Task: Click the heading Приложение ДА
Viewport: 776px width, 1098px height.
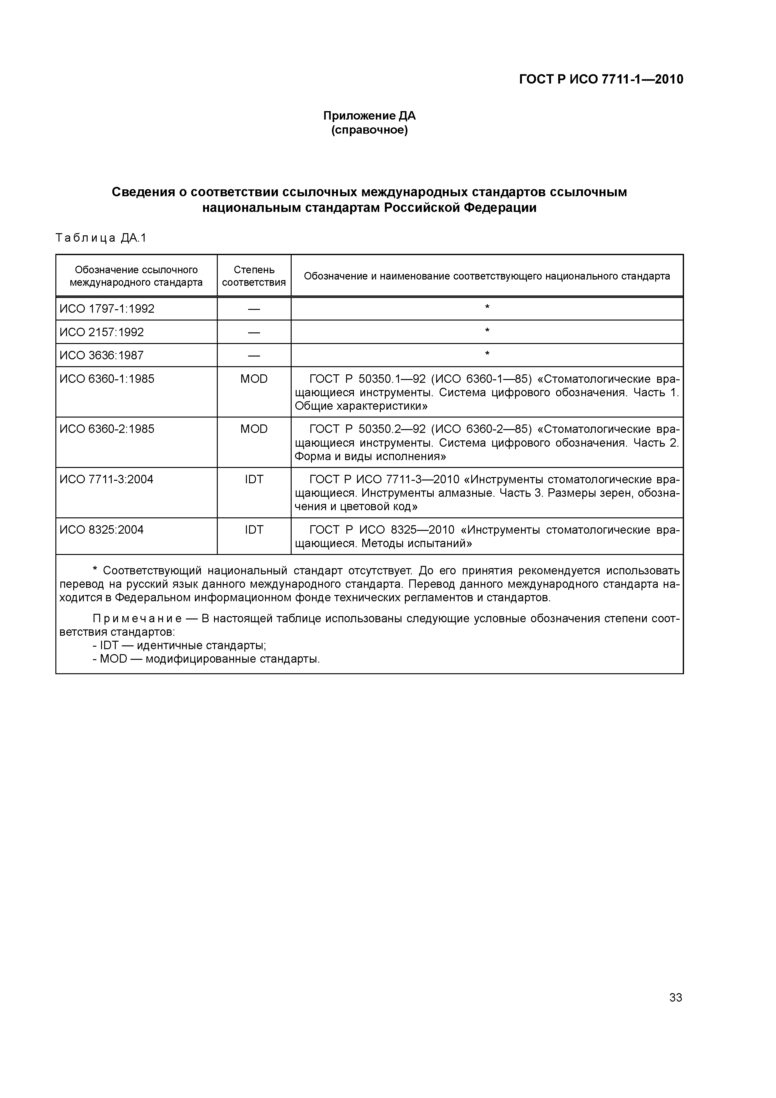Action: coord(369,116)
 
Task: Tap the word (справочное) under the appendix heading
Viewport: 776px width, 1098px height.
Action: coord(369,130)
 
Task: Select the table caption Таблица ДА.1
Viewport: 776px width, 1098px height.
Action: coord(100,238)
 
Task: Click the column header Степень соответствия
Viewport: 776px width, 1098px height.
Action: coord(253,276)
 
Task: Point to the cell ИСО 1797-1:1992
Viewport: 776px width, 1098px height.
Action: coord(107,309)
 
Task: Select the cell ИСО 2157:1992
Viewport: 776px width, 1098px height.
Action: coord(101,332)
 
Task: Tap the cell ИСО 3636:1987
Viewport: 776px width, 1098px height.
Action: coord(101,355)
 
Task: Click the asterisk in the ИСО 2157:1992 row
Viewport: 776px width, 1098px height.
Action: coord(487,331)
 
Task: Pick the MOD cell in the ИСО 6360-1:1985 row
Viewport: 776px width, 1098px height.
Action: coord(253,379)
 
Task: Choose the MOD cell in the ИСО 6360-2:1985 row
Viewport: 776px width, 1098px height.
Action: coord(253,429)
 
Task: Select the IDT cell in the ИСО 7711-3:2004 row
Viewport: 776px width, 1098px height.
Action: coord(253,479)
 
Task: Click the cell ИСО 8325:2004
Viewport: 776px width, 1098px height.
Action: coord(101,530)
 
